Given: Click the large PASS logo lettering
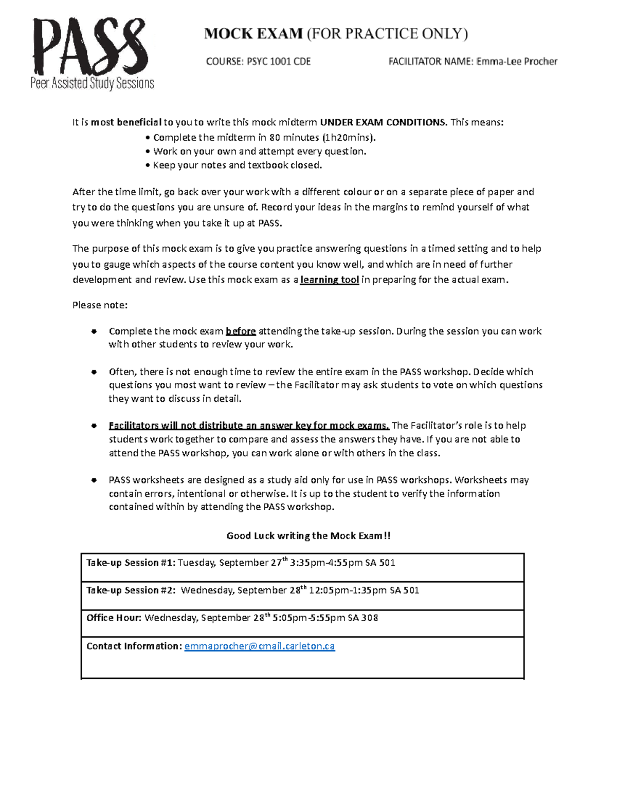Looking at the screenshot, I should coord(90,47).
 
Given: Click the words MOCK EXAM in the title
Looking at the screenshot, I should coord(253,34).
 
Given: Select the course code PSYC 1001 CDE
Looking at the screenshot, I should coord(279,62).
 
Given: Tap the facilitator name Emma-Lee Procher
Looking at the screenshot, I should coord(517,62).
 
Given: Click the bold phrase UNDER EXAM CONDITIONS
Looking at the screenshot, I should coord(383,122).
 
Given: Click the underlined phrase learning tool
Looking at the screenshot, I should coord(329,280).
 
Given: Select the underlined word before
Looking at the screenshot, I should coord(241,331).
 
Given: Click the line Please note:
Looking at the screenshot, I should coord(100,305).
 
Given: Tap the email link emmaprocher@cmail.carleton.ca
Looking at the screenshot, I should coord(259,646).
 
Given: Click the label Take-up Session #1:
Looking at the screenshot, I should coord(131,563).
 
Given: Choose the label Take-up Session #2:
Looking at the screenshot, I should coord(131,590).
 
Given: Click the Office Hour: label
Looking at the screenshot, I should coord(114,618).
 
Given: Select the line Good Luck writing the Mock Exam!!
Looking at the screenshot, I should coord(308,536).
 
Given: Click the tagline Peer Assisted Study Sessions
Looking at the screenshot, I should coord(93,83).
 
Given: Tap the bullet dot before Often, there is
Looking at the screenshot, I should coord(94,372).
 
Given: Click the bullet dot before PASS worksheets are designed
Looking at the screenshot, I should coord(94,480).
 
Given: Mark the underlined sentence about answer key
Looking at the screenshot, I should coord(249,425).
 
